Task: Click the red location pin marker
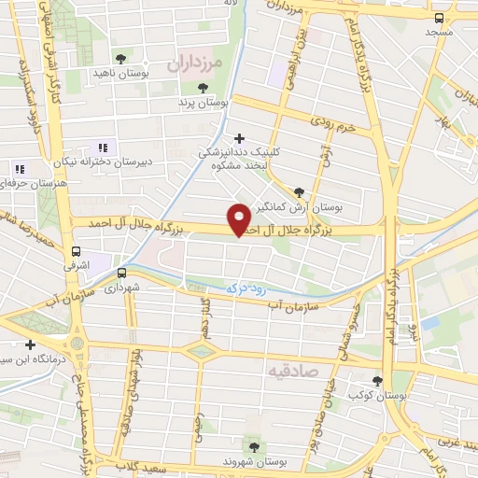tap(239, 218)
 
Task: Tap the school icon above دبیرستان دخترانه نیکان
tap(104, 147)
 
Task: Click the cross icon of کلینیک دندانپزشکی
tap(240, 138)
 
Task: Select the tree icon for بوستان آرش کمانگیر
tap(298, 191)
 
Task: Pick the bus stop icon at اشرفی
tap(76, 251)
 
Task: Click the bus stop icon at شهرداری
tap(121, 274)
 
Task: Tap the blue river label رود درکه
tap(248, 289)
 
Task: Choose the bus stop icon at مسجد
tap(440, 18)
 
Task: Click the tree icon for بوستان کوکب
tap(377, 381)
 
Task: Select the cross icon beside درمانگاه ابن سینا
tap(30, 344)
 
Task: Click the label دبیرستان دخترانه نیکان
tap(101, 161)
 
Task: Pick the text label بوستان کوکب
tap(377, 396)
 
